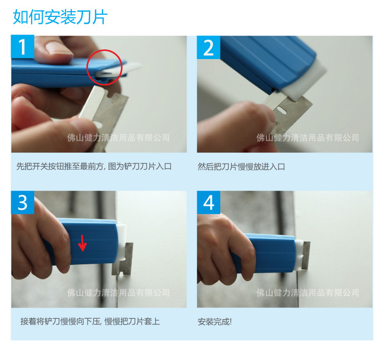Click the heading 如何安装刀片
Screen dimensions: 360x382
(60, 17)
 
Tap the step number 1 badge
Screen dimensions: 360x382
(22, 47)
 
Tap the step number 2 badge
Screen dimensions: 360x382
(208, 47)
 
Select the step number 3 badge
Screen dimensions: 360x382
(22, 202)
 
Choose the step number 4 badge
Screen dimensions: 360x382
(208, 202)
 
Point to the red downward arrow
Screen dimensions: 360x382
(82, 243)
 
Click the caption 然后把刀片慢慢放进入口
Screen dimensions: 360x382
(241, 167)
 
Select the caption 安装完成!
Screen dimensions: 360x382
(214, 322)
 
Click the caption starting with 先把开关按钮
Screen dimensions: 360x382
(94, 167)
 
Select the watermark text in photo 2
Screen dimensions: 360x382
(308, 137)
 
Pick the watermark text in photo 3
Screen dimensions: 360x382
(118, 293)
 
